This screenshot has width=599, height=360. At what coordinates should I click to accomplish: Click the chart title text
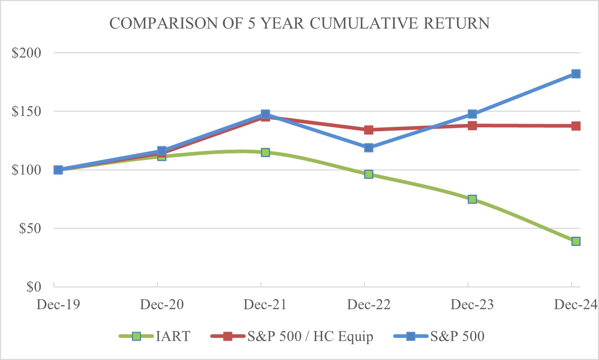click(x=299, y=24)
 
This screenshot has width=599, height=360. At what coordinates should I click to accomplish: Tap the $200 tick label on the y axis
click(x=26, y=53)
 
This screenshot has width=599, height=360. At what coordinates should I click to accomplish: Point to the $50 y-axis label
click(x=30, y=228)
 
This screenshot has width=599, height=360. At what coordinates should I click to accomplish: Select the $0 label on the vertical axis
click(x=34, y=287)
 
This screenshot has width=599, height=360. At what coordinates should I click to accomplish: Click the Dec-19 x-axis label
click(x=58, y=305)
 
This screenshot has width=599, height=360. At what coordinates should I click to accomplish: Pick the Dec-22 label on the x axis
click(x=369, y=305)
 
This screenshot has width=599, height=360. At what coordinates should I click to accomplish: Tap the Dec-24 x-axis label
click(x=575, y=305)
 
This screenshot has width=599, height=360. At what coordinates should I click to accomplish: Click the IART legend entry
click(x=155, y=336)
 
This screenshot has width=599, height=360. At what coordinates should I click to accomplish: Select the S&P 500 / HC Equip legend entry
click(x=292, y=336)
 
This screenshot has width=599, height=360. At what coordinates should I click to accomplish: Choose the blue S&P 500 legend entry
click(x=439, y=336)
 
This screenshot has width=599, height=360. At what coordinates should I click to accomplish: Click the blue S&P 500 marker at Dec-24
click(x=576, y=74)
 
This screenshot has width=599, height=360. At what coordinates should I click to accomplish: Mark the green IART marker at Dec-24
click(x=576, y=241)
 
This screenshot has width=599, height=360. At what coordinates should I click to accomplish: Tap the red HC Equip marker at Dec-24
click(x=576, y=126)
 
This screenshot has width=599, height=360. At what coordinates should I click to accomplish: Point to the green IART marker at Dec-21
click(x=265, y=152)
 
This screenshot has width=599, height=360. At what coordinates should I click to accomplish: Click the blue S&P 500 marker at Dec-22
click(x=369, y=148)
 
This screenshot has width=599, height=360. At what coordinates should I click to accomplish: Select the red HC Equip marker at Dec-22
click(x=369, y=130)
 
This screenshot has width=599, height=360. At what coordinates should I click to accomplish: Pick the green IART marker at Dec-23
click(x=472, y=199)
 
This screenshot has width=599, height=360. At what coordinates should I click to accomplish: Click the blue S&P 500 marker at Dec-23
click(x=472, y=114)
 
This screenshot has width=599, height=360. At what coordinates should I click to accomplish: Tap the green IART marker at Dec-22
click(x=369, y=174)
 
